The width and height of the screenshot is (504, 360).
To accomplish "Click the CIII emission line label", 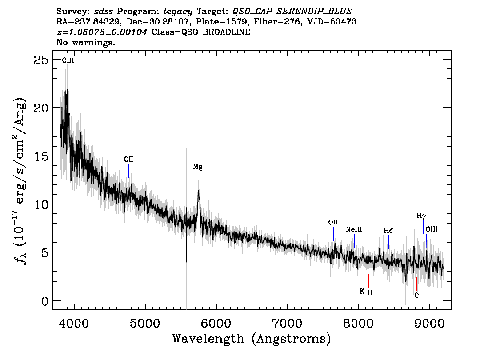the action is pos(68,60).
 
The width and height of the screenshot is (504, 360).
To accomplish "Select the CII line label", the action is pos(129,160).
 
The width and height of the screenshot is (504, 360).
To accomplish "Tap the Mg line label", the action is pos(198,167).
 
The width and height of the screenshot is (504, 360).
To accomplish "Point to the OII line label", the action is pos(333,222).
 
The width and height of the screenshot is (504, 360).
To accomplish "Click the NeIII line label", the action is pos(354,229).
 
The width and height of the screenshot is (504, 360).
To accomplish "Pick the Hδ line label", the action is pos(388,231).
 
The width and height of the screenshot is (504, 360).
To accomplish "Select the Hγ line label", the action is pos(421,216).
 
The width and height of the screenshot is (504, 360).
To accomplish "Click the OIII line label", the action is pos(432,229).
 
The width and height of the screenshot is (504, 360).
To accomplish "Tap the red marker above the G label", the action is pos(417,284).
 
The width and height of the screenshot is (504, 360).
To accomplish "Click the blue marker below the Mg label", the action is pos(198,178).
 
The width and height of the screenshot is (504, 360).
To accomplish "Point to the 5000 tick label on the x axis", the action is pos(145,323).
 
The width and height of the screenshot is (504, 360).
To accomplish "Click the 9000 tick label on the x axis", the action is pos(429,323).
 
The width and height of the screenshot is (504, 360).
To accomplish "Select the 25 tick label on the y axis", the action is pos(41,60).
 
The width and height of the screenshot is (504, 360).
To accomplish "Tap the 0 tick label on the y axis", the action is pos(45,301).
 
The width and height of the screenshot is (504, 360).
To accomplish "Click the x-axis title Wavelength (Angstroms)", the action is pos(252,339).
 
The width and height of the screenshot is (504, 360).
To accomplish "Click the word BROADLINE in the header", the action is pos(226,32).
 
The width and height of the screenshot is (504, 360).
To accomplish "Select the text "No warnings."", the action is pos(85,42).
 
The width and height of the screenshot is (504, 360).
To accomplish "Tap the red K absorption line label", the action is pos(362,292).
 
